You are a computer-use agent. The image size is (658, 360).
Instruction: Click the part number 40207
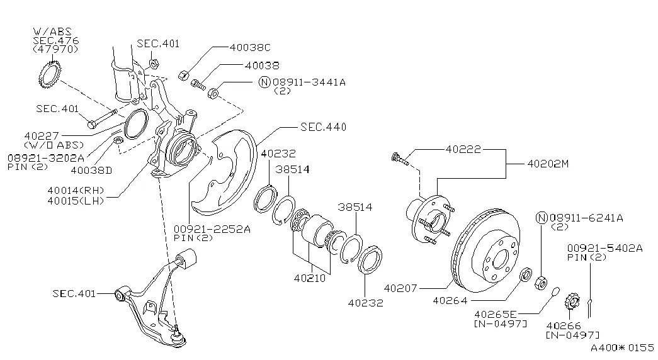(x=401, y=289)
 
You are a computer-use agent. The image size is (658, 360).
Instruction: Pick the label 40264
(x=450, y=300)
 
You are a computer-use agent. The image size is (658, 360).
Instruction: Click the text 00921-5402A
(x=604, y=248)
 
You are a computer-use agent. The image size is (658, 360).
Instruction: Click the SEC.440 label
(x=323, y=127)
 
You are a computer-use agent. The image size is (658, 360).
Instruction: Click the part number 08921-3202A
(x=46, y=157)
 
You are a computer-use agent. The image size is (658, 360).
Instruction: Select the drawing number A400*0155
(x=622, y=347)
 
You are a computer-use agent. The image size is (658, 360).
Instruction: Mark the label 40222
(x=463, y=150)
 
